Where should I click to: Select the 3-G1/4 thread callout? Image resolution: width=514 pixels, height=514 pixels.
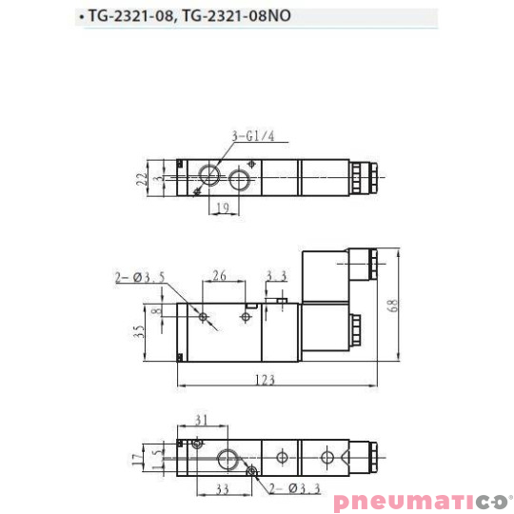pos(252,136)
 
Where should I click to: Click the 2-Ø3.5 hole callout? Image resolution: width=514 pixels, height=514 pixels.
pos(141,277)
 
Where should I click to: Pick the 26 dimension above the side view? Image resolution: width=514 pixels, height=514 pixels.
pos(219,277)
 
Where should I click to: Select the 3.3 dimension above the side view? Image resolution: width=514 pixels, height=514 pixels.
pos(277,277)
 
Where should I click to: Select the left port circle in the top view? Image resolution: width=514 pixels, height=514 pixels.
pos(208,177)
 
